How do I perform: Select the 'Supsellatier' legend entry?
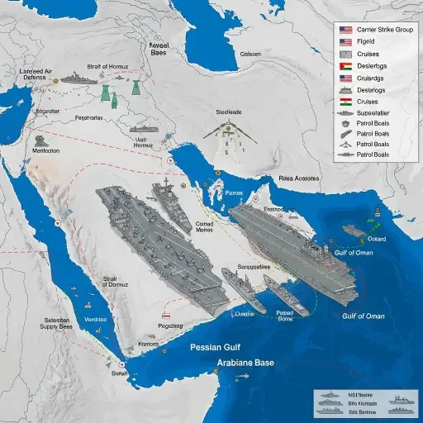tap(374, 113)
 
